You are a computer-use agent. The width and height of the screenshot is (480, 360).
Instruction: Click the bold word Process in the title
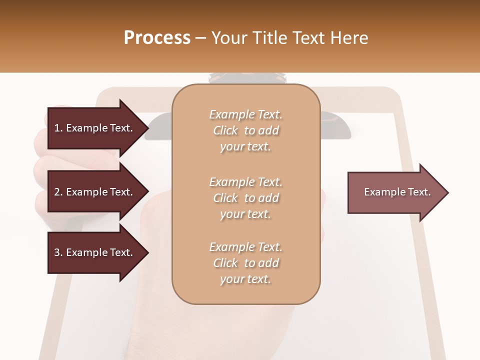tap(157, 38)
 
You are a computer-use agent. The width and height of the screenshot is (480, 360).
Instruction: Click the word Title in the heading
tap(268, 38)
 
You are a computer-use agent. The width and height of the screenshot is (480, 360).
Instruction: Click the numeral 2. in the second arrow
tap(58, 192)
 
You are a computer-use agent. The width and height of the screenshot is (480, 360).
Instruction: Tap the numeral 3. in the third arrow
tap(58, 252)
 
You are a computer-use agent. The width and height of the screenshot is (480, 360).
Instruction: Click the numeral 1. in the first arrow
tap(58, 128)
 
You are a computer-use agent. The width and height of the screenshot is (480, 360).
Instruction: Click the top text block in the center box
tap(245, 130)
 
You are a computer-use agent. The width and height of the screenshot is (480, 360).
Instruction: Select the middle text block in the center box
tap(245, 198)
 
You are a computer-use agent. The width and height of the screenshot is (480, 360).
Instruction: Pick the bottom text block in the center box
tap(245, 263)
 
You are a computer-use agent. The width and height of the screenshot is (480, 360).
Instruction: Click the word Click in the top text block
tap(225, 130)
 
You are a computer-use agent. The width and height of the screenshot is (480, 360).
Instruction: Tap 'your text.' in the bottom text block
tap(245, 279)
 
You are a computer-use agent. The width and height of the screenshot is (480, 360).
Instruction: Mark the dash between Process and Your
tap(201, 38)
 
